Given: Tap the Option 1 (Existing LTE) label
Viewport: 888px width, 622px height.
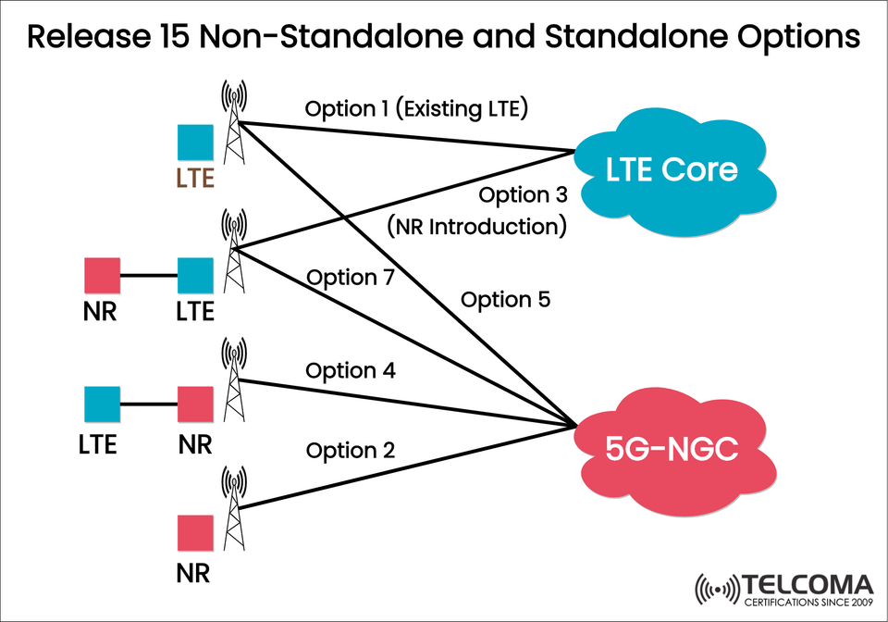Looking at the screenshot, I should click(x=416, y=108).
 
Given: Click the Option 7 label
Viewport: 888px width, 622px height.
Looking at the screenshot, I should click(x=351, y=277).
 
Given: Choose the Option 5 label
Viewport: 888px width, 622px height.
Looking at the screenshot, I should click(x=505, y=299).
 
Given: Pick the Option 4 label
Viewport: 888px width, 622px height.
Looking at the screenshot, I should click(x=351, y=371).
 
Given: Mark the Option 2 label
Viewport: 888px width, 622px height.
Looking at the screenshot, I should click(x=351, y=451).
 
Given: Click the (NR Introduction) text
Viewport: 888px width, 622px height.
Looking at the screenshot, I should click(x=475, y=225).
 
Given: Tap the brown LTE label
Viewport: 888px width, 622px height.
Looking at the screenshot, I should click(x=195, y=177).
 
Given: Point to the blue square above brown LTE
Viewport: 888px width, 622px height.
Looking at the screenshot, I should click(x=195, y=143).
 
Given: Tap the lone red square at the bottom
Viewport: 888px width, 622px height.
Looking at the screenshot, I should click(x=195, y=535).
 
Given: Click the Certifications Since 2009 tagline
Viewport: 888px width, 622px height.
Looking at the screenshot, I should click(x=807, y=603).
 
